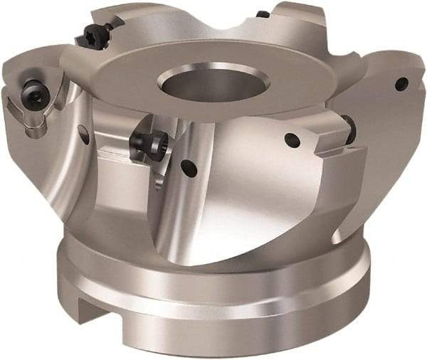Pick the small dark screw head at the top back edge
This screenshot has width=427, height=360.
[x=263, y=14]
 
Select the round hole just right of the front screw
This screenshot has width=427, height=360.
[x=188, y=169]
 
